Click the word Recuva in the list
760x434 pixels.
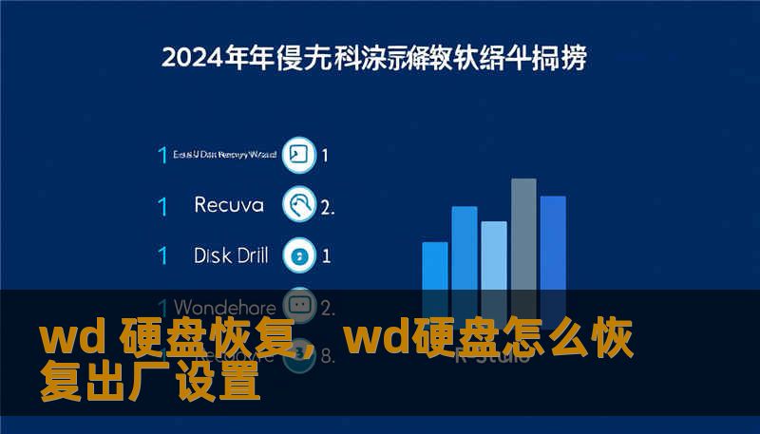227,204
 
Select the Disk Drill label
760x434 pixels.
231,255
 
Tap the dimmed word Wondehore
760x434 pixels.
225,308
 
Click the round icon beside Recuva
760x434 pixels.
300,204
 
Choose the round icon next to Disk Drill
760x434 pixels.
300,255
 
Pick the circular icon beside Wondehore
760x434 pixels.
300,306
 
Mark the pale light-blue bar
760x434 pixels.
494,255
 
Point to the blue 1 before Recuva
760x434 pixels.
162,204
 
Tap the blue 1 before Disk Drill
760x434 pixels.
162,255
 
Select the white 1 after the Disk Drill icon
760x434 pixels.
327,255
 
